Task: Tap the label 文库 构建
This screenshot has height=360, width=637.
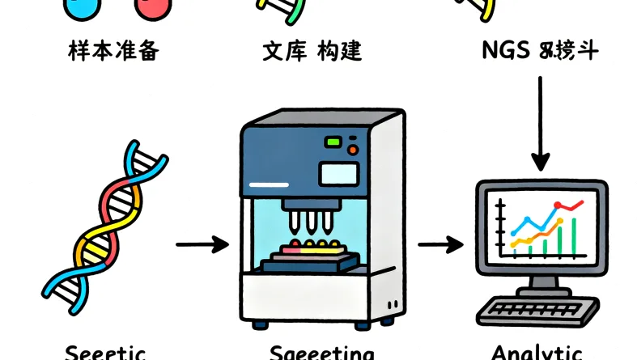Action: (312, 52)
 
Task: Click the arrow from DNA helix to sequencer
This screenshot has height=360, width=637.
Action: (202, 244)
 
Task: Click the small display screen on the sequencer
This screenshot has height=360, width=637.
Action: (338, 172)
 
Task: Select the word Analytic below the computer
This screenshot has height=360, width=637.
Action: (536, 353)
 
